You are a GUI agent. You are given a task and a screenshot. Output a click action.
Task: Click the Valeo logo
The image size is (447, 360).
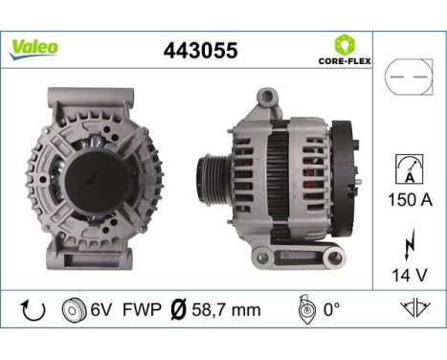pos(35,47)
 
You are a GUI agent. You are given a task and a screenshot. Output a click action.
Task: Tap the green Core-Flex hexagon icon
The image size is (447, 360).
pos(345,44)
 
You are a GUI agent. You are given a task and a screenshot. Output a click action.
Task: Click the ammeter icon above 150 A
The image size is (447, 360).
pos(405,170)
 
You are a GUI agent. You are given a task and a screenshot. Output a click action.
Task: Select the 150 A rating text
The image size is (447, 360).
pos(406,202)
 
